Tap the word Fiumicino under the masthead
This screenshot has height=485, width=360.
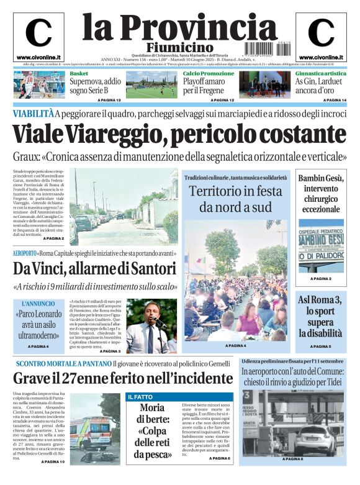(179, 48)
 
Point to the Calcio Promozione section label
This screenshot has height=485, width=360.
(209, 73)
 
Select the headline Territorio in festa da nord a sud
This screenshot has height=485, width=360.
(235, 199)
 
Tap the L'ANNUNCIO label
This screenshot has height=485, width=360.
(38, 304)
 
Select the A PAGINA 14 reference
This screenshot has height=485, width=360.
(335, 100)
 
